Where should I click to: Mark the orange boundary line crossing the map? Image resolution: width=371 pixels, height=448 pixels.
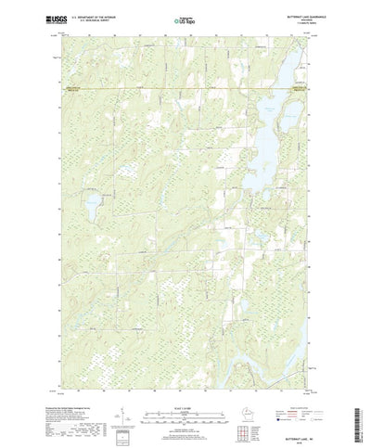(x=185, y=87)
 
